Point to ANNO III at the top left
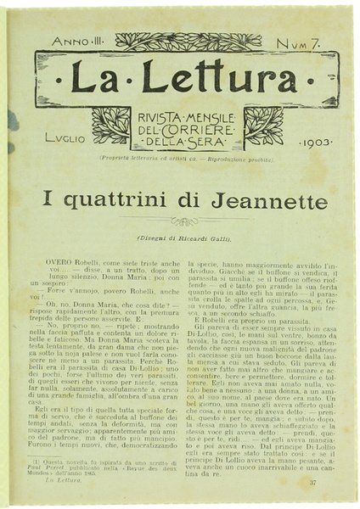pos(76,42)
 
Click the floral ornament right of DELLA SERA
pos(264,126)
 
